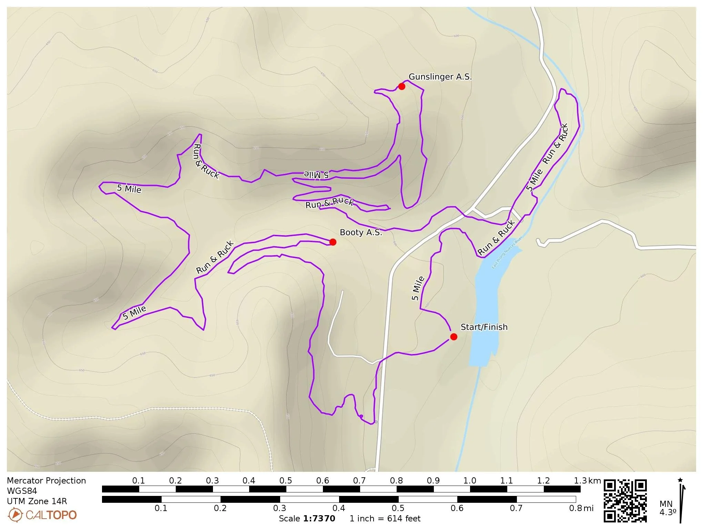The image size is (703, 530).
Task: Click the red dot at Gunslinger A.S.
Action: click(x=401, y=86)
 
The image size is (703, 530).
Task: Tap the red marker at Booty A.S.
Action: click(x=333, y=242)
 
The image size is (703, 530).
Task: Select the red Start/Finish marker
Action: click(x=454, y=337)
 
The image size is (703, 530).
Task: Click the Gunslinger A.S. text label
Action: click(x=440, y=77)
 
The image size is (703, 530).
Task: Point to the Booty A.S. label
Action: click(x=361, y=232)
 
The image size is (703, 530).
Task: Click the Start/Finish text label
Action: click(x=484, y=327)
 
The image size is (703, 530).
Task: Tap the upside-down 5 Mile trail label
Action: click(x=316, y=175)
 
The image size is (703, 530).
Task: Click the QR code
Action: click(x=625, y=500)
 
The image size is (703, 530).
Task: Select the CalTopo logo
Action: click(x=42, y=515)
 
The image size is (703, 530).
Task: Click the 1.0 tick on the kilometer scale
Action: click(x=469, y=481)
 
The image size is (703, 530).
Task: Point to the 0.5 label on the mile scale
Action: click(x=398, y=508)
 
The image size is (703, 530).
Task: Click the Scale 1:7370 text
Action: click(x=307, y=519)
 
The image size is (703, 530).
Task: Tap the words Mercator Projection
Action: click(x=46, y=481)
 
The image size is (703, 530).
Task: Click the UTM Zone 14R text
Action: click(x=37, y=501)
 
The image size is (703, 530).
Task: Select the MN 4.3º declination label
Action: click(x=668, y=508)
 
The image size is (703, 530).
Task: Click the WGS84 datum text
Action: click(x=22, y=491)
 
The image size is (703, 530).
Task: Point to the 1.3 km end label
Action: click(x=587, y=481)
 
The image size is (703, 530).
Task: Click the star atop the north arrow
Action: click(x=680, y=480)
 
